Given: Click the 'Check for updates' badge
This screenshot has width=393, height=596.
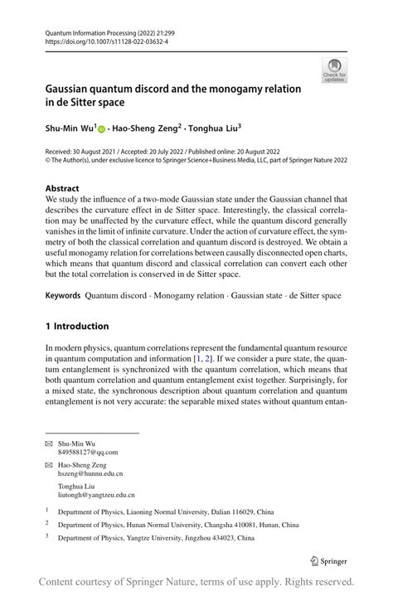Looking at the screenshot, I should click(334, 70).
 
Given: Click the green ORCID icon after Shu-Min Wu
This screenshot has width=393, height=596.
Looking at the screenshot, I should click(102, 129).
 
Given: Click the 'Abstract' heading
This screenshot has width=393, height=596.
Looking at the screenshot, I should click(62, 188).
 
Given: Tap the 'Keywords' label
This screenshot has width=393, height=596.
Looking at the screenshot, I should click(63, 295).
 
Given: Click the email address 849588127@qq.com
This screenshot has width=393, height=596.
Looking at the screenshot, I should click(88, 453).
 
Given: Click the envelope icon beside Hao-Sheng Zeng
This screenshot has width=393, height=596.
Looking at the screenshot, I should click(48, 466).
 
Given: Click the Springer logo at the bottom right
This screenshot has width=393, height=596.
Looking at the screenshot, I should click(327, 560).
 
